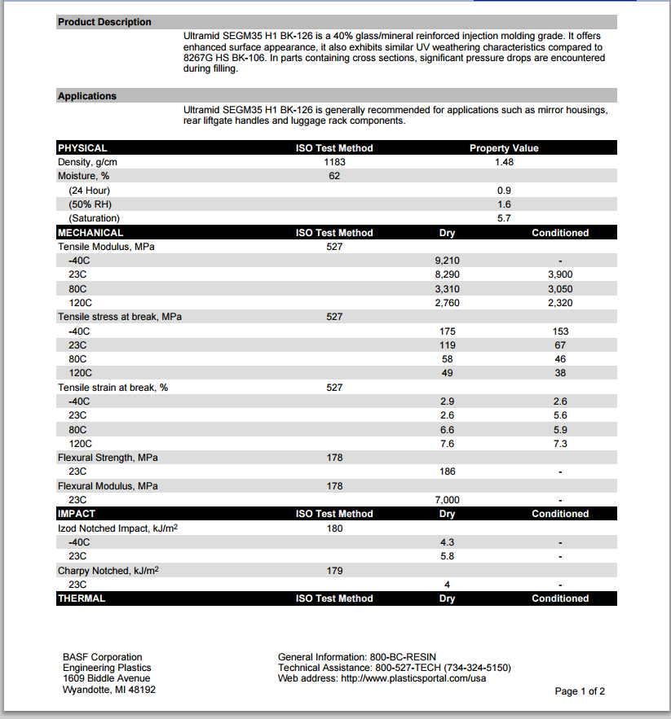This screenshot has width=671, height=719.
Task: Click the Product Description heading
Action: tap(104, 22)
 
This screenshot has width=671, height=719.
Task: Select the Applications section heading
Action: tap(87, 96)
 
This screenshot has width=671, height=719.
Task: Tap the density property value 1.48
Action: tap(504, 162)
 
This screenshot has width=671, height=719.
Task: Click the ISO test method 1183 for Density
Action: tap(334, 162)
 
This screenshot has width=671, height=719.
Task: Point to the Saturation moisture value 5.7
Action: tap(504, 218)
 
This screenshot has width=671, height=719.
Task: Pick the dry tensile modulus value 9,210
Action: tap(447, 261)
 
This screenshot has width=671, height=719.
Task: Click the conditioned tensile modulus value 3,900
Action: tap(560, 274)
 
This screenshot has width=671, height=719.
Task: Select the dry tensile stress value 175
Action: tap(447, 331)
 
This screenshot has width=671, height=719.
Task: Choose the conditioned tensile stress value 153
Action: tap(560, 331)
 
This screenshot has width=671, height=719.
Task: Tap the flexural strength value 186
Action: tap(447, 471)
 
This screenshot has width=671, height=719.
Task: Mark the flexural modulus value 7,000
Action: tap(447, 500)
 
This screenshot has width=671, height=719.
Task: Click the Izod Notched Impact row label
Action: tap(118, 528)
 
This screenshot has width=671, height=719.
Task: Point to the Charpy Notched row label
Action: tap(108, 571)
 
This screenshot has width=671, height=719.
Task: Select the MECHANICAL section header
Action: tap(90, 233)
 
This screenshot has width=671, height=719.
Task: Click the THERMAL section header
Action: tap(82, 598)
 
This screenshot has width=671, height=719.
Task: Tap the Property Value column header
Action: tap(504, 148)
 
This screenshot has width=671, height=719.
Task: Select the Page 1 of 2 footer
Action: tap(580, 691)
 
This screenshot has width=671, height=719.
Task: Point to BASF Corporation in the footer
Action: tap(102, 657)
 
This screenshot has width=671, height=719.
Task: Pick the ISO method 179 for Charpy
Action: tap(334, 571)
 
